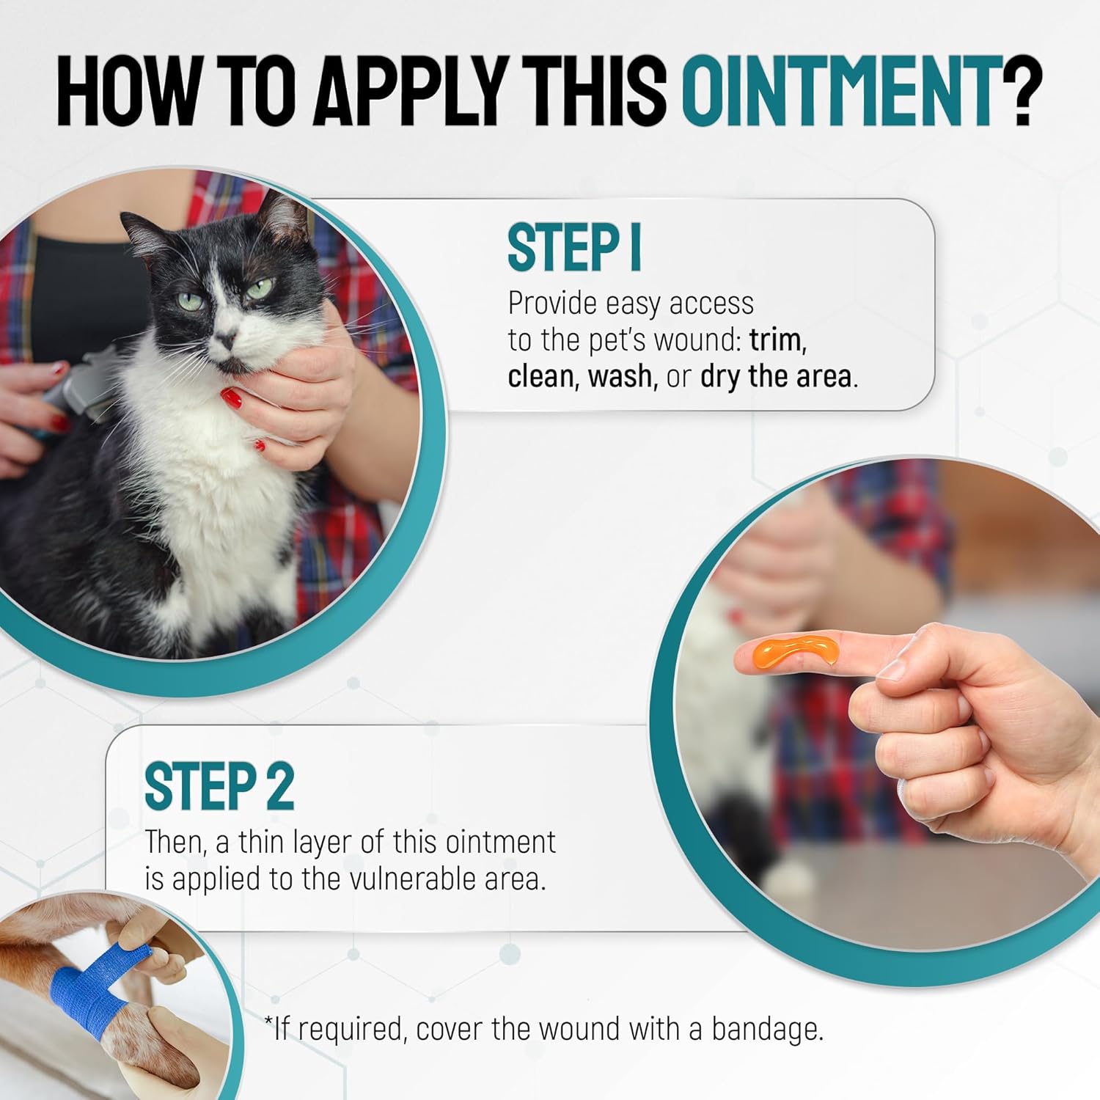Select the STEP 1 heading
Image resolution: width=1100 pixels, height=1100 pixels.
click(574, 249)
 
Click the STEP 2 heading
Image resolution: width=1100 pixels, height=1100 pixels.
click(219, 787)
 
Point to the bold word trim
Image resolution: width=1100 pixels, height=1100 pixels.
click(777, 340)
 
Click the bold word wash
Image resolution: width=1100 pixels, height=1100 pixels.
click(620, 376)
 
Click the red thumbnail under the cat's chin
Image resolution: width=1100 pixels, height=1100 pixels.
click(232, 398)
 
